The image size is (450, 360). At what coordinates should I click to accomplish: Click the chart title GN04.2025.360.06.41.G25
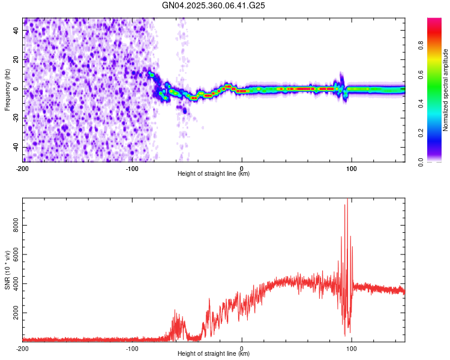214,5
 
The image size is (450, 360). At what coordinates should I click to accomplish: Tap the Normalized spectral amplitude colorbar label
446,90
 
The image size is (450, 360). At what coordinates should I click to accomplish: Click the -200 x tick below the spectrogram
23,167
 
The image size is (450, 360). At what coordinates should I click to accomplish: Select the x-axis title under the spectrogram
214,174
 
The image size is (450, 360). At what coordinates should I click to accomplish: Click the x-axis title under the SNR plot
214,354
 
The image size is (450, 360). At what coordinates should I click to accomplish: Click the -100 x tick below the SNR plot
131,347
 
